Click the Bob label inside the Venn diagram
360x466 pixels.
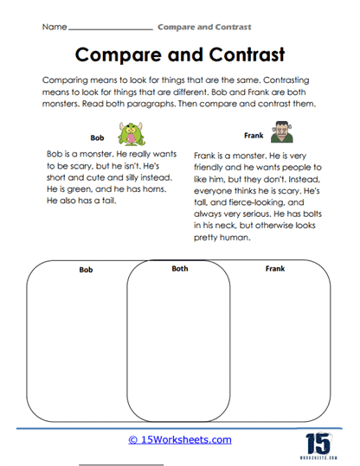(86, 271)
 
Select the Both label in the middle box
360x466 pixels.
(179, 269)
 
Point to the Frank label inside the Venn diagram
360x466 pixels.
(275, 270)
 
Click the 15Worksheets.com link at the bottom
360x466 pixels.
(180, 440)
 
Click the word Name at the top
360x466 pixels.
(54, 28)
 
